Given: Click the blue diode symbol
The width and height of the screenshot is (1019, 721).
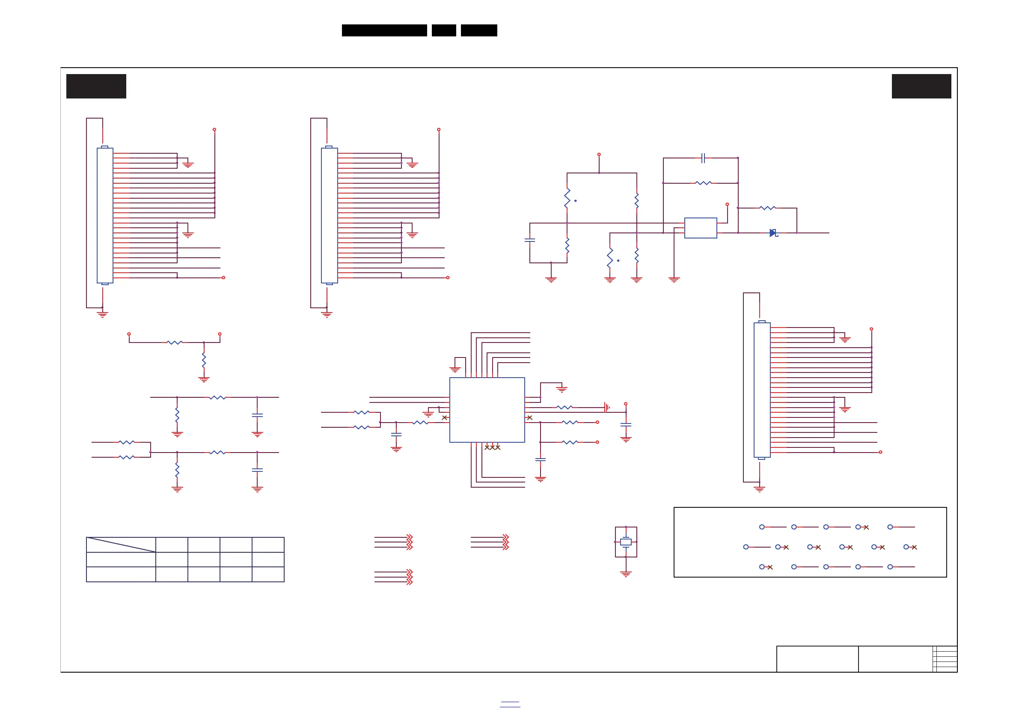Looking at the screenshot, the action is point(773,233).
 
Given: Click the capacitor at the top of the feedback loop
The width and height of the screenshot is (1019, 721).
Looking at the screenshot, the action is point(703,158).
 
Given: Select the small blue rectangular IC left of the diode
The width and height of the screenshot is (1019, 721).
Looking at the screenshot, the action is point(700,228).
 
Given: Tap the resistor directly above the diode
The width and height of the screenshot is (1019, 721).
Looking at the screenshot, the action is point(767,208).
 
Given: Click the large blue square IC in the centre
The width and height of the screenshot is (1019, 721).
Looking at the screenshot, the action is point(487,410).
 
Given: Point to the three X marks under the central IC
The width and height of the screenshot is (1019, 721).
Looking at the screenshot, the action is point(492,447).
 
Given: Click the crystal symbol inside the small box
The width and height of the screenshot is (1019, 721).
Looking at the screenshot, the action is point(626,542).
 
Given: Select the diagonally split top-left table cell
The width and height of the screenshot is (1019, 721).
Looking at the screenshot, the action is point(121,545).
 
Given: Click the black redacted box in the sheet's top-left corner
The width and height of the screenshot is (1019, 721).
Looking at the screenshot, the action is point(96,86).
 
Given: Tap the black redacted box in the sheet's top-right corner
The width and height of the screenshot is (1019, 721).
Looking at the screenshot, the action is point(921,86).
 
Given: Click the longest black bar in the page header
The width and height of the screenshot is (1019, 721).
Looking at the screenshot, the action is point(384,30).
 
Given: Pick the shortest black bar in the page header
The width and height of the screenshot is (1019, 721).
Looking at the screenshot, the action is point(444,30).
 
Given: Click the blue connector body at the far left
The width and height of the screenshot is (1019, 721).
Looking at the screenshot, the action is point(105,216).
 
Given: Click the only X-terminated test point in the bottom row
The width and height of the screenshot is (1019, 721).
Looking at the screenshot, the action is point(766,567).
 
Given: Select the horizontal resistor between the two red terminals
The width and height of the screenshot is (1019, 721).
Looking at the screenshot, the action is point(175,342).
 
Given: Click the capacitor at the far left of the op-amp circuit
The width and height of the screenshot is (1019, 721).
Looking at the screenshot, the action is point(529,240).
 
